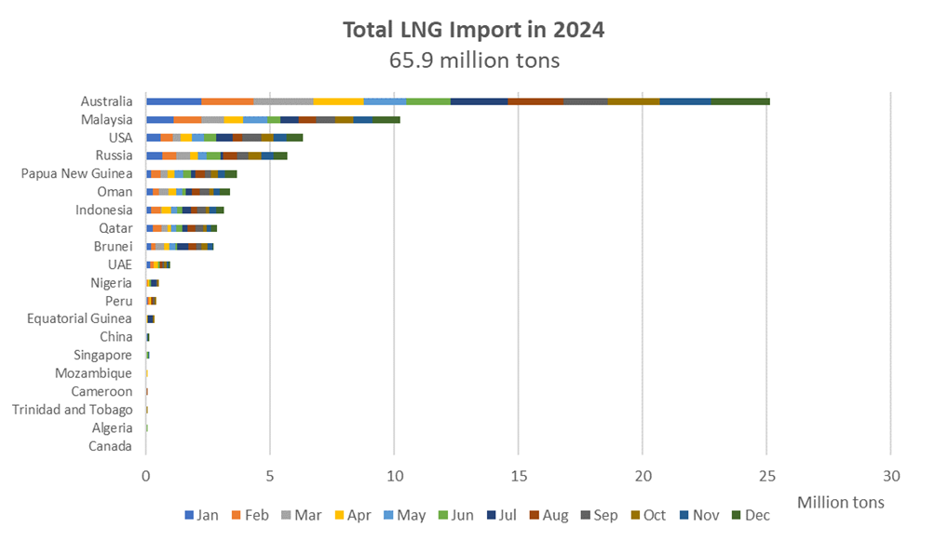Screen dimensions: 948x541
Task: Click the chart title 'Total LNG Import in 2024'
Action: (473, 30)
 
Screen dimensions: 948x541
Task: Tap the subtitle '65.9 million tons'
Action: (474, 61)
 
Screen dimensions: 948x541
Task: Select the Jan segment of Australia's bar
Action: (173, 101)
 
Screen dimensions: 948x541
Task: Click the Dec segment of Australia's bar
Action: (740, 101)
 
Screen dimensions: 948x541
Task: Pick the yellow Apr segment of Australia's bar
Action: (338, 101)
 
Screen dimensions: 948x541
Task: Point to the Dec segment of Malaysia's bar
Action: (386, 120)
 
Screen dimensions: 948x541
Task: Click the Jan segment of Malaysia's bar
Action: (160, 120)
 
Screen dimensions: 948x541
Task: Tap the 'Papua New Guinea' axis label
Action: (76, 173)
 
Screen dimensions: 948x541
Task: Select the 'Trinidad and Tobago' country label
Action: (73, 410)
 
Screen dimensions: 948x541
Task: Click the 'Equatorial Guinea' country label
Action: (79, 318)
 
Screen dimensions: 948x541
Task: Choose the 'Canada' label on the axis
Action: (110, 446)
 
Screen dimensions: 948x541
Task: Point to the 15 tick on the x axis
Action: (519, 477)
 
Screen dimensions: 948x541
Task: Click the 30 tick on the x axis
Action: (891, 477)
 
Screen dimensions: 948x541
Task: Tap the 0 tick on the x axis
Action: (145, 477)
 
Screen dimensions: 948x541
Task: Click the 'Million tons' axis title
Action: (840, 502)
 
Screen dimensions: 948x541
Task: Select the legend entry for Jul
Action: (502, 515)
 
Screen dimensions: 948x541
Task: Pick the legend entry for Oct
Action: (648, 515)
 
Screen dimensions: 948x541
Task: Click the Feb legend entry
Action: (251, 515)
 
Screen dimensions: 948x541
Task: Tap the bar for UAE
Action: (157, 264)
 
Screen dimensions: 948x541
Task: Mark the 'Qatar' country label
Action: (115, 228)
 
